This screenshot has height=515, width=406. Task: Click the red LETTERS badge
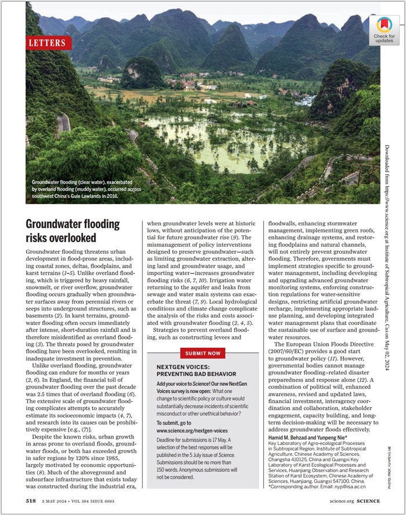pyautogui.click(x=49, y=42)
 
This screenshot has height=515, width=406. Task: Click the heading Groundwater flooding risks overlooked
pyautogui.click(x=72, y=231)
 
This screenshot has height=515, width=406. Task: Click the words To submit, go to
pyautogui.click(x=176, y=423)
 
